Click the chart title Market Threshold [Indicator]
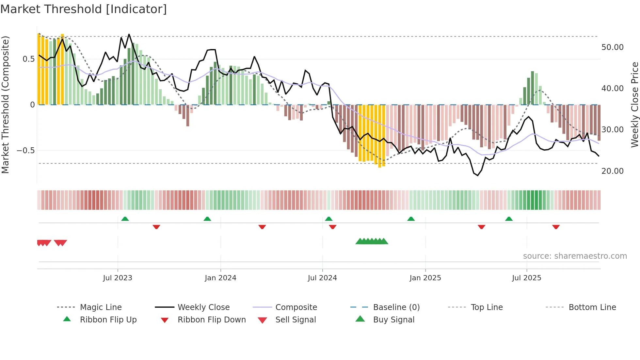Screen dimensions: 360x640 click(x=84, y=9)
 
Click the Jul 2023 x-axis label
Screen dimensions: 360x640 click(x=118, y=278)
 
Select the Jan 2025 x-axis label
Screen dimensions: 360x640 click(x=425, y=278)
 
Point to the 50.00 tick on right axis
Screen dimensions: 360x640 click(x=612, y=47)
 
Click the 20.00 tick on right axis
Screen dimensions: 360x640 click(x=612, y=171)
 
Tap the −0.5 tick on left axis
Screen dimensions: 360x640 click(x=26, y=151)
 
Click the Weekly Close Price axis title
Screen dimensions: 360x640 click(x=634, y=105)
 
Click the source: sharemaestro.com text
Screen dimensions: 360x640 click(x=575, y=256)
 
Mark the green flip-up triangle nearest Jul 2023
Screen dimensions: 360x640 click(x=125, y=219)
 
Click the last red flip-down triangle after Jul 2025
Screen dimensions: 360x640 click(x=556, y=227)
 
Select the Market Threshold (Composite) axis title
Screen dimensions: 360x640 click(x=5, y=105)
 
